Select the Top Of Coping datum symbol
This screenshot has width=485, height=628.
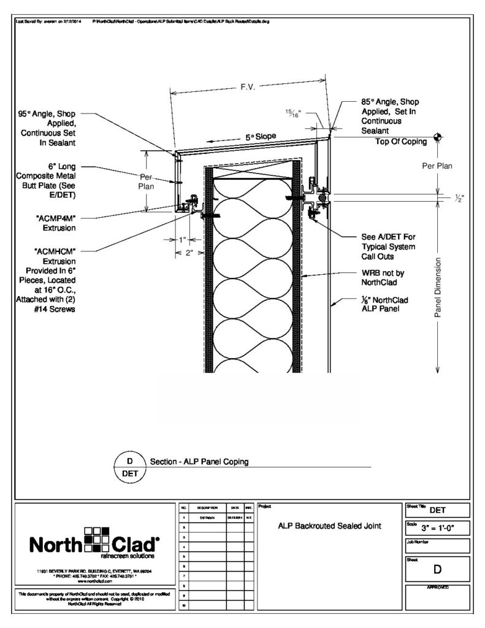pyautogui.click(x=437, y=136)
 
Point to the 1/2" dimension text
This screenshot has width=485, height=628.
pyautogui.click(x=459, y=198)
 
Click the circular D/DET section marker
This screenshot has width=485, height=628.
pyautogui.click(x=129, y=467)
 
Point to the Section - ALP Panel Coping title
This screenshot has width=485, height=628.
pyautogui.click(x=199, y=462)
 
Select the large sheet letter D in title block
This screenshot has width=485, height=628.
pyautogui.click(x=437, y=569)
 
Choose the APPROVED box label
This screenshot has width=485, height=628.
pyautogui.click(x=438, y=588)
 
